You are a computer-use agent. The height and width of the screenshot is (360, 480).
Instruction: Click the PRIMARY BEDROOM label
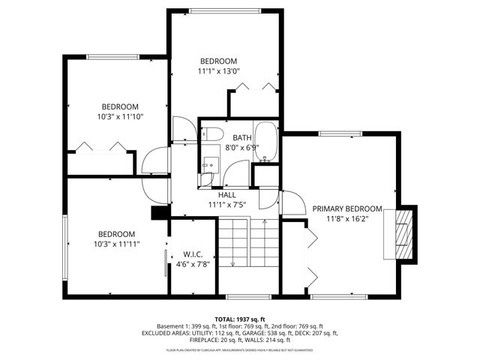(x=347, y=209)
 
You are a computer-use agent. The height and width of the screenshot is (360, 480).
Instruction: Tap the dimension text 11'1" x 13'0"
(x=218, y=71)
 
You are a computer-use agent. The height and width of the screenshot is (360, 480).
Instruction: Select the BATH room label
(x=241, y=138)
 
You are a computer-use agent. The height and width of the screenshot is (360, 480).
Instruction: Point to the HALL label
(x=227, y=194)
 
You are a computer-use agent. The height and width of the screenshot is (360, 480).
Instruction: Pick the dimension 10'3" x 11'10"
(x=120, y=116)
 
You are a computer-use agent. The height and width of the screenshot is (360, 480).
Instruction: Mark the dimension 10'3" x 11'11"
(x=116, y=244)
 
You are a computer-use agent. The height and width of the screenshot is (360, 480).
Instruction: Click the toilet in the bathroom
(x=211, y=135)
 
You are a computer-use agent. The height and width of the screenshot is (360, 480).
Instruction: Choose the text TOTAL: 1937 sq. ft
(x=239, y=319)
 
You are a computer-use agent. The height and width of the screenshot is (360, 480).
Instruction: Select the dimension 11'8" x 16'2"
(x=347, y=219)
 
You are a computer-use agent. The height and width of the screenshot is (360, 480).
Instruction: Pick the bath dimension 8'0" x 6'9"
(x=241, y=148)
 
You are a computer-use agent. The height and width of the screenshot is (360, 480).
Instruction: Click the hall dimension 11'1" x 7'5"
(x=227, y=204)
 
